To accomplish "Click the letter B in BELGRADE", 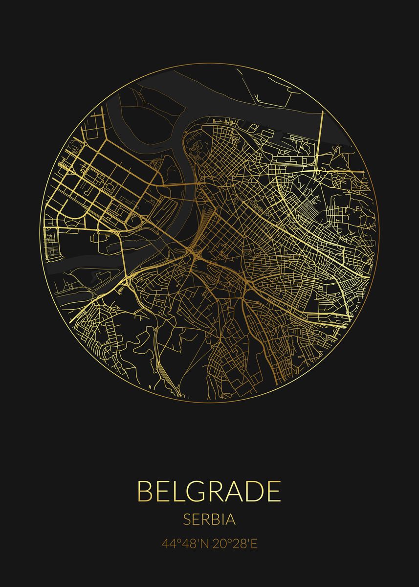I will [145, 491].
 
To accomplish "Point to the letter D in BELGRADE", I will [254, 491].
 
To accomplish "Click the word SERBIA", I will [209, 519].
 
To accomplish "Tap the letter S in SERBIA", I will [187, 519].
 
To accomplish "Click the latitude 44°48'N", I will [185, 543].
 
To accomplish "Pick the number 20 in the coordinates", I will [219, 543].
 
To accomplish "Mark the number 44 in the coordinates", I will [169, 543].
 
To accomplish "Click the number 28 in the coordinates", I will [239, 543].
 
